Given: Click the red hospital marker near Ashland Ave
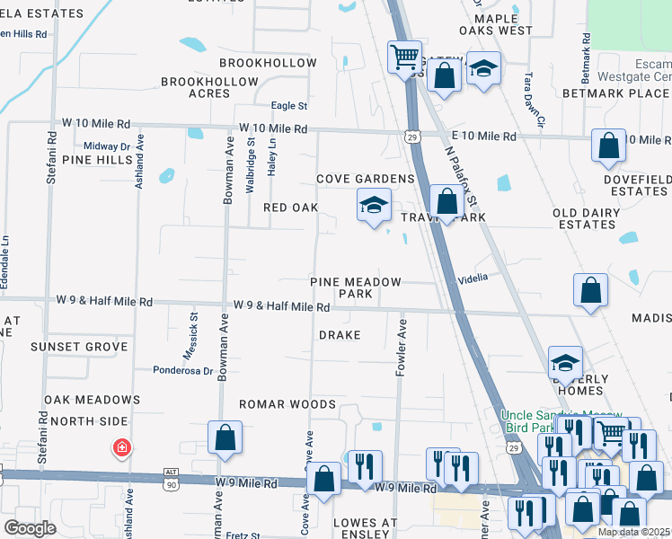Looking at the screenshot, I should tap(120, 446).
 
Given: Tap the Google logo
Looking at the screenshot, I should tap(30, 528).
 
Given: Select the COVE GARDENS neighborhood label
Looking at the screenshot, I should tap(365, 179).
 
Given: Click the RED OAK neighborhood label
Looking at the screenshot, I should tap(290, 208).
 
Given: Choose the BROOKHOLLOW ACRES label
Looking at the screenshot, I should tap(209, 87).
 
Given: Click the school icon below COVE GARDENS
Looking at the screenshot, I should tap(374, 206).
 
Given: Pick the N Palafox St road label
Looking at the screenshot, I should tap(458, 181).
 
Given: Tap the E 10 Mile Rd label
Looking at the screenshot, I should tap(483, 137).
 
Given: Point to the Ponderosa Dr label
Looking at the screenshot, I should tap(182, 369).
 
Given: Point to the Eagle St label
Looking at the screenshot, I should tap(289, 106).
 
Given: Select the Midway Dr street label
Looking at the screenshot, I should tap(107, 146).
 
